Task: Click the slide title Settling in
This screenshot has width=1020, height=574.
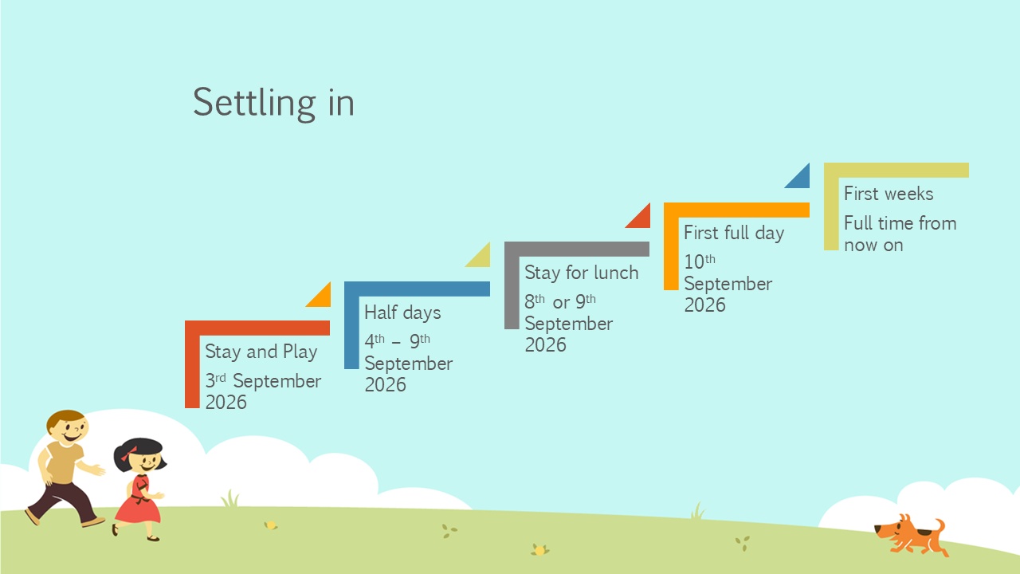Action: click(273, 104)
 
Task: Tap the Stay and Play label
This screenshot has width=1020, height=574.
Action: click(261, 352)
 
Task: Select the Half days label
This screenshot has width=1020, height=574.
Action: click(402, 313)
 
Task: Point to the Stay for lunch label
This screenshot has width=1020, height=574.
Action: click(582, 273)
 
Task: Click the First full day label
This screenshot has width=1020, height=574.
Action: click(734, 233)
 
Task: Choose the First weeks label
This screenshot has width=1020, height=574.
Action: click(889, 194)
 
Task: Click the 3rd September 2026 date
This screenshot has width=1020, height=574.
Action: click(263, 391)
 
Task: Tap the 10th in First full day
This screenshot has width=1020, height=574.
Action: click(700, 261)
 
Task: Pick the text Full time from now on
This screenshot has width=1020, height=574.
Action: click(900, 234)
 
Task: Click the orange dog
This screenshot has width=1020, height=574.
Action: click(910, 535)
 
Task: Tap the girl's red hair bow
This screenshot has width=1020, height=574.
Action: click(128, 454)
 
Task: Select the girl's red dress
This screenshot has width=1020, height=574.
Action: click(138, 501)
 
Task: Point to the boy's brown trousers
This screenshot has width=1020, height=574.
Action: click(64, 501)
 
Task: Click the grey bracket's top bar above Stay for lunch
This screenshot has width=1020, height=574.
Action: click(577, 249)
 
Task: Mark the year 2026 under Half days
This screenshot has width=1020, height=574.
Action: click(385, 385)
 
